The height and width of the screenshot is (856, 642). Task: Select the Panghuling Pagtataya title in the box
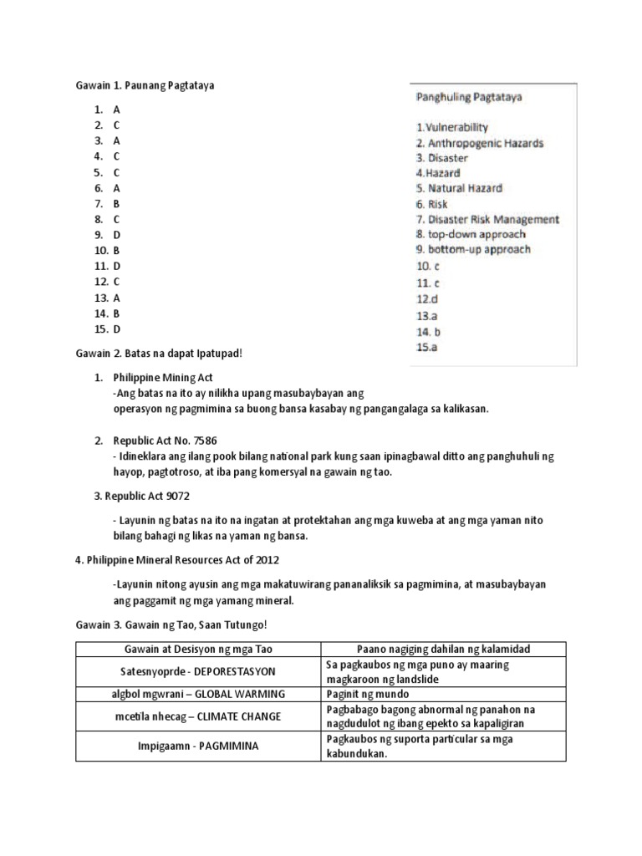469,97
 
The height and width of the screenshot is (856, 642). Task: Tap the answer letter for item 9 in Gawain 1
117,235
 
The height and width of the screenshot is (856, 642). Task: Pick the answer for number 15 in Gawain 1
117,329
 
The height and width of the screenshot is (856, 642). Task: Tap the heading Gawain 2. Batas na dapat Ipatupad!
158,353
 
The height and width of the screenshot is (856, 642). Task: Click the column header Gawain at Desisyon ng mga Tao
198,650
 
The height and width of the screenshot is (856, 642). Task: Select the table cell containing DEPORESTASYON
198,671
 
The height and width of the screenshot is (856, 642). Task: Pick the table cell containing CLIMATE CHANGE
198,716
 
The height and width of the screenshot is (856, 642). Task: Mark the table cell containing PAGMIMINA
198,746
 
